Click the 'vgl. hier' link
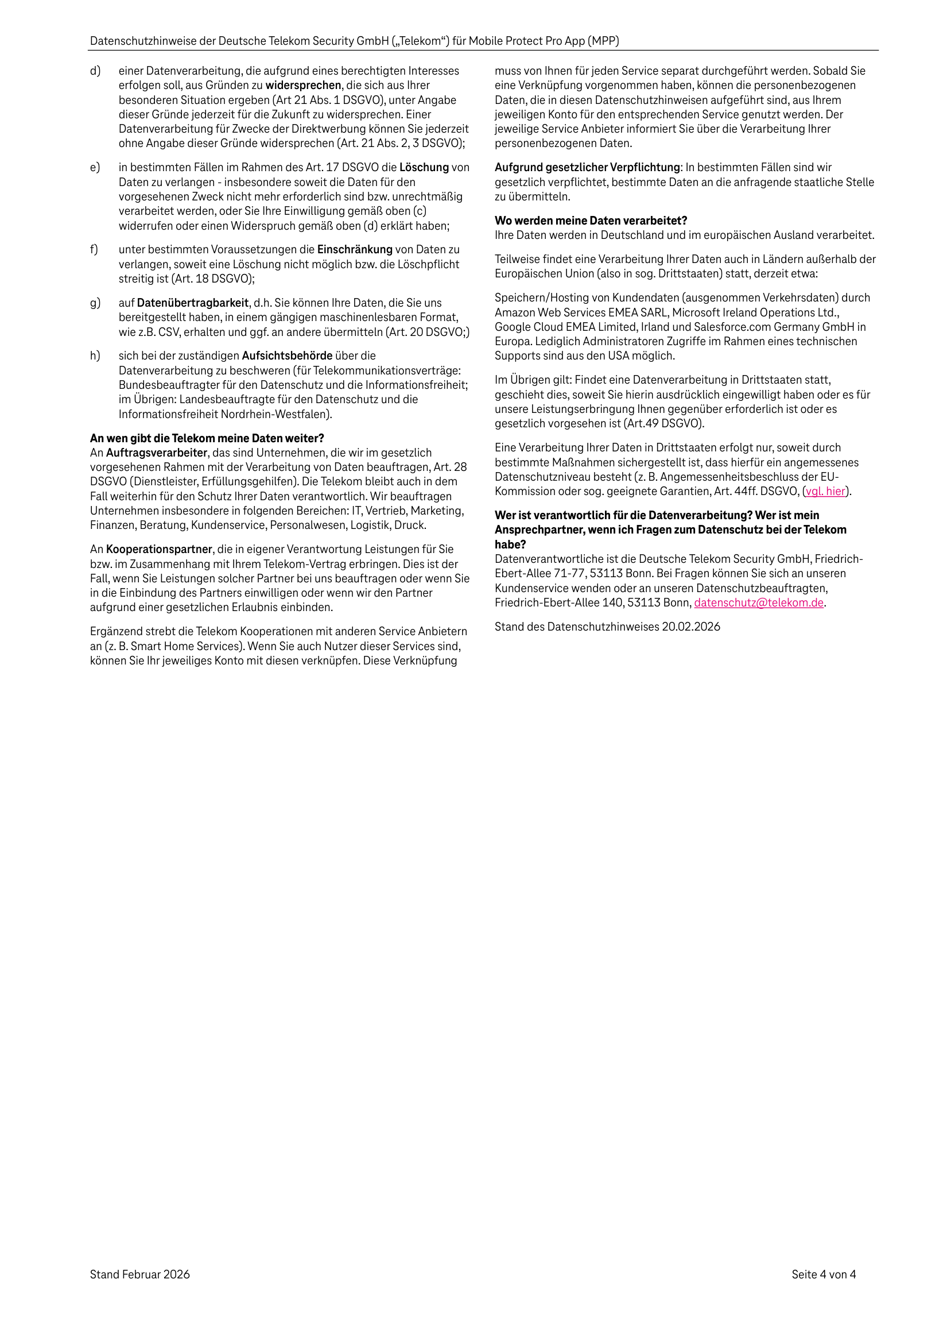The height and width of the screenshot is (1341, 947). click(825, 491)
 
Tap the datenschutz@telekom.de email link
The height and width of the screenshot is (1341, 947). click(758, 603)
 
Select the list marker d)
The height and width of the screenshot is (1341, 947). click(95, 71)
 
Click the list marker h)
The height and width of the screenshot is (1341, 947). click(95, 355)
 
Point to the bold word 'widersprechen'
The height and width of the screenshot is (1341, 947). click(303, 85)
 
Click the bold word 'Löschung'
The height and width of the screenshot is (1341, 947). click(424, 168)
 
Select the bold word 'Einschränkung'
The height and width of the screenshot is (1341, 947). click(354, 249)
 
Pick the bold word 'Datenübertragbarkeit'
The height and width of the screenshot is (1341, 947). click(193, 303)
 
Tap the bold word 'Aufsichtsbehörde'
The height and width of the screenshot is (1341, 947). click(286, 355)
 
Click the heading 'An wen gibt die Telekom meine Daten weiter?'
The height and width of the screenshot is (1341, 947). click(207, 438)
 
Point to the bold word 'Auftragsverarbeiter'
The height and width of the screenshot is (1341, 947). click(157, 453)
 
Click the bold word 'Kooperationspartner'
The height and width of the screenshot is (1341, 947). click(159, 549)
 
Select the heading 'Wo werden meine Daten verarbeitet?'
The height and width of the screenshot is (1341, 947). click(591, 221)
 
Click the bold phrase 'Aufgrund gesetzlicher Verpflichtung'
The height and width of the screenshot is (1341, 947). click(587, 168)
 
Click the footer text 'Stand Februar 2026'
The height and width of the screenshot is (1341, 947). click(139, 1274)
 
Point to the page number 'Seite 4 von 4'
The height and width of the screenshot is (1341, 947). click(823, 1274)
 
